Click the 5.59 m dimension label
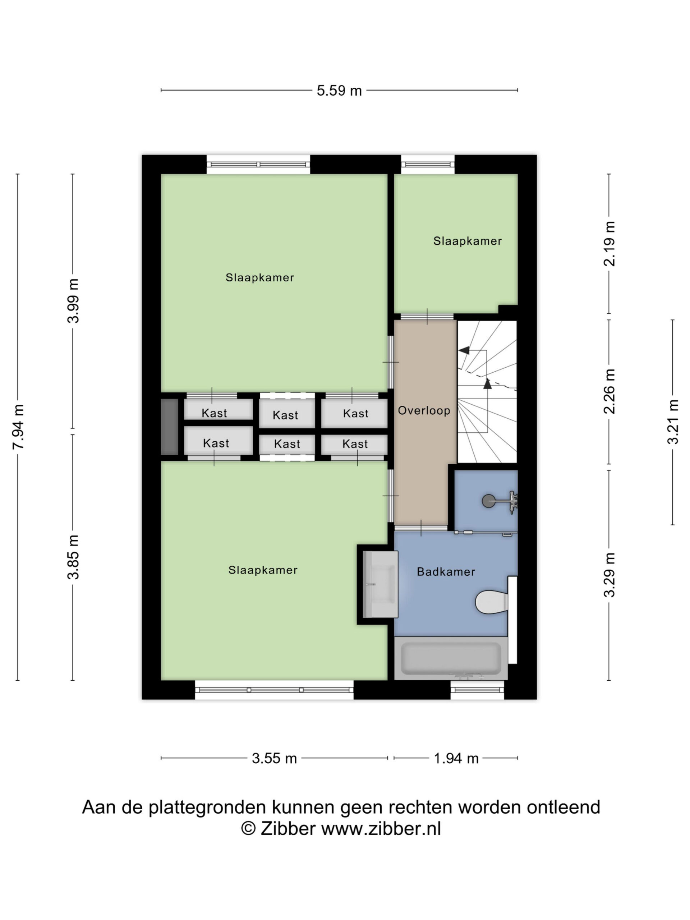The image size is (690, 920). [x=339, y=90]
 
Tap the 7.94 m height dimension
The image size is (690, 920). [x=18, y=427]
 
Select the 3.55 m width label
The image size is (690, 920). [x=274, y=758]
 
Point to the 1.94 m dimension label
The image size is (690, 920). [x=456, y=758]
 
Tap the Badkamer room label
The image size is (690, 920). [x=446, y=572]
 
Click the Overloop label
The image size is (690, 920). [x=424, y=410]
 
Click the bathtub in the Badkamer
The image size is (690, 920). [x=450, y=658]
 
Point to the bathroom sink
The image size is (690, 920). [x=380, y=584]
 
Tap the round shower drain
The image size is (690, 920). [x=488, y=501]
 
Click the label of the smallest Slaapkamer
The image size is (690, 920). [x=468, y=241]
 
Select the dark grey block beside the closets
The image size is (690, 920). [x=170, y=427]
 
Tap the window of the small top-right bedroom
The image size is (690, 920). [x=428, y=165]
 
